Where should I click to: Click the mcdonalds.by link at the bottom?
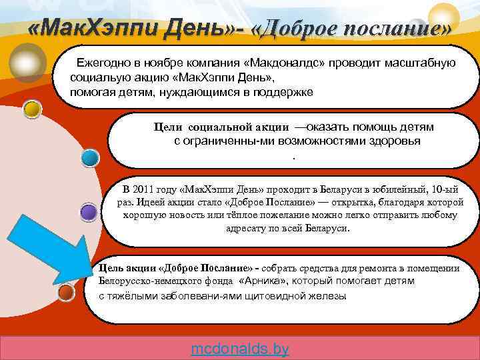(239, 349)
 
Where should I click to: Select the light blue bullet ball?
(90, 157)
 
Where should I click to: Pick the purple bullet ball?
(89, 212)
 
